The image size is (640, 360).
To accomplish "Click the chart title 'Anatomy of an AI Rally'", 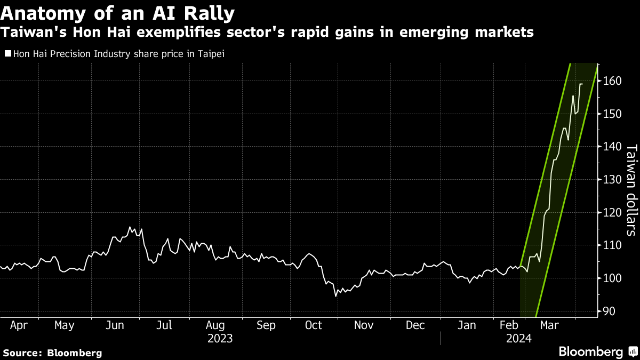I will coord(117,13).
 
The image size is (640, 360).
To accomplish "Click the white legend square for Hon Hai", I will coord(7,53).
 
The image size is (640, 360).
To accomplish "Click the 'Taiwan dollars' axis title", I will coord(631,189).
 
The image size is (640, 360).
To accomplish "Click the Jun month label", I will coord(115,325).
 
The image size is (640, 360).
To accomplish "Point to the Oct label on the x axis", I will coord(313,325).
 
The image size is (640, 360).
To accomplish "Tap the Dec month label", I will coord(415,325).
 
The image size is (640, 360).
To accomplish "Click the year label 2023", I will coord(220,338).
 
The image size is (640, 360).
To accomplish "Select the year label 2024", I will coord(518,338).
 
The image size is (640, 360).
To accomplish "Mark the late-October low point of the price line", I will coord(336,295).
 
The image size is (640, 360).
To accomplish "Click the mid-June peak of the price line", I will coord(131,227).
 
